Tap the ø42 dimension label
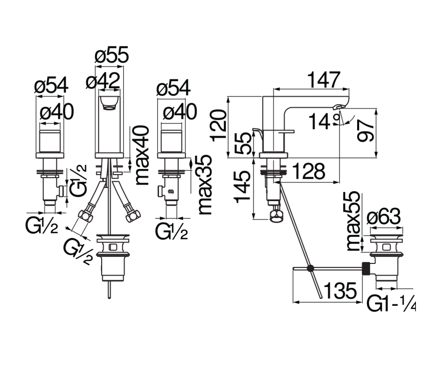point(103,81)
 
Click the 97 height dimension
point(365,130)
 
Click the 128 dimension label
point(309,172)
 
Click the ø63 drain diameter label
point(384,217)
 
